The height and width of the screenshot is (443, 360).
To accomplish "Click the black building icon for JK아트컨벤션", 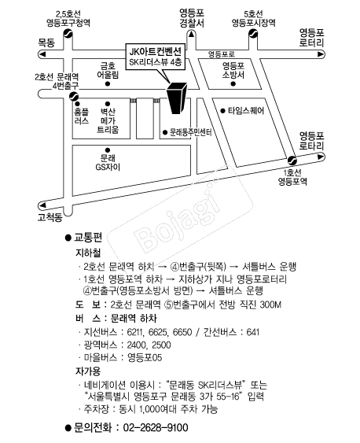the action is point(177,98).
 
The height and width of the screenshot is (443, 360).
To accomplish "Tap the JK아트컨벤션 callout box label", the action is point(156,57).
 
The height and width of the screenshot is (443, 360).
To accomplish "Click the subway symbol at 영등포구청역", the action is point(68,34).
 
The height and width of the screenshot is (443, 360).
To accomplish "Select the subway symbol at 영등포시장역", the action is point(253,34).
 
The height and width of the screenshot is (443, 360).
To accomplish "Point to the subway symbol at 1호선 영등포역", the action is point(292,161).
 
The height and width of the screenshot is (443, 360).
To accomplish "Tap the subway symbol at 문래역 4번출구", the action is point(74,96).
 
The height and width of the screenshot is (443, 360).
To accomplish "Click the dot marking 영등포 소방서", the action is point(233,83).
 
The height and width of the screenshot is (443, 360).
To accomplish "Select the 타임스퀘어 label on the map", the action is point(246,111).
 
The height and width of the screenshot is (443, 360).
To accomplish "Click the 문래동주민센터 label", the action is point(191,132).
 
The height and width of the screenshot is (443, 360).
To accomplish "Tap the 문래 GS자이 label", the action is point(108,163).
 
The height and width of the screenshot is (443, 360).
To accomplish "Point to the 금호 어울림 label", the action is point(108,70).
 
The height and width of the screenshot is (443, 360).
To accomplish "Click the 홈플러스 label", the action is point(82,116).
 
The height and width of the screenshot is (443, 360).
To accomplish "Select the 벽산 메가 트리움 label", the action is point(108,120).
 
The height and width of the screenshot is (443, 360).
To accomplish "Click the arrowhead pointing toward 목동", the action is point(42,54).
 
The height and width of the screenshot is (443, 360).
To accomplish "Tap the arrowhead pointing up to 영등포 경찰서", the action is point(191,35).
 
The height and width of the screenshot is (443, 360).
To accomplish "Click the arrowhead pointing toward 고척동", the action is point(42,205).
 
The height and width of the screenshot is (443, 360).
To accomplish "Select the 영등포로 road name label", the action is point(222,54).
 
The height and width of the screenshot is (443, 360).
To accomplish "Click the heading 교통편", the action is point(88,238).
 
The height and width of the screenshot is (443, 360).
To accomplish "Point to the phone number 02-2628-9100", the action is point(156,427).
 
